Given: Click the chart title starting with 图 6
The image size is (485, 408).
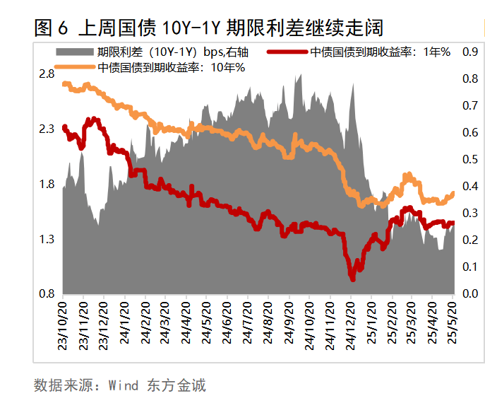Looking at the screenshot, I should click(208, 28).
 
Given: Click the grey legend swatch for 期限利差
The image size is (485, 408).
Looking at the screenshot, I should click(74, 52).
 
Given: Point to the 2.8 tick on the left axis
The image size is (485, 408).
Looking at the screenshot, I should click(47, 74).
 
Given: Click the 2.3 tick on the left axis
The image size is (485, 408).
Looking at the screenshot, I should click(47, 129).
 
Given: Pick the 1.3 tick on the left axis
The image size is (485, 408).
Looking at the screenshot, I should click(47, 239).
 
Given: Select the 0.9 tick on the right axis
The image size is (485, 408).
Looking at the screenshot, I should click(469, 52).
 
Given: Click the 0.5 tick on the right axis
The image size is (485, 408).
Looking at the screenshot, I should click(469, 159).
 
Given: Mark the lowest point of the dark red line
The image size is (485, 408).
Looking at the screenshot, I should click(352, 279).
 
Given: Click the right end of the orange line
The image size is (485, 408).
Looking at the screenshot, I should click(453, 192).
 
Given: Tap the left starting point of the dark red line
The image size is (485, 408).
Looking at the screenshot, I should click(64, 127).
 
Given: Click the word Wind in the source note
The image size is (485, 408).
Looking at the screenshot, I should click(125, 386).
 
